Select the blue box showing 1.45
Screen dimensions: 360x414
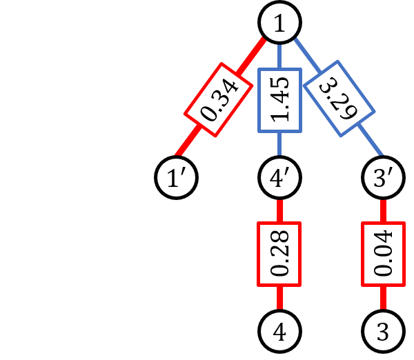pyautogui.click(x=279, y=101)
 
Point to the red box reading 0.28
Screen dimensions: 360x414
pyautogui.click(x=279, y=254)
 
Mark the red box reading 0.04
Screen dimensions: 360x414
pyautogui.click(x=383, y=254)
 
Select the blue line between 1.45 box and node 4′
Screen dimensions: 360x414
pyautogui.click(x=279, y=147)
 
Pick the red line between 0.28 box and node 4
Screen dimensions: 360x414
pyautogui.click(x=279, y=299)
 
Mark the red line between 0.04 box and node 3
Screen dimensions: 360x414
pyautogui.click(x=383, y=299)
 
